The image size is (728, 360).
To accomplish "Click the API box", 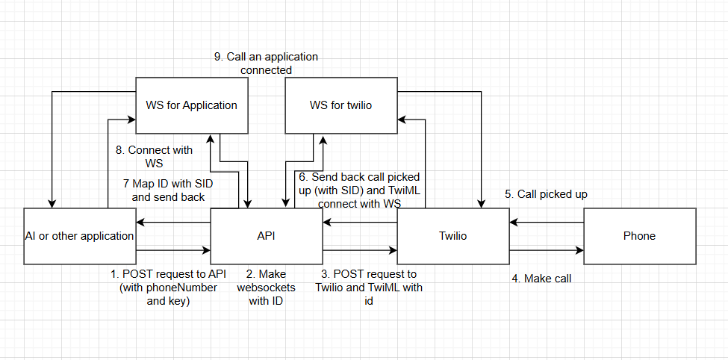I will pyautogui.click(x=266, y=236).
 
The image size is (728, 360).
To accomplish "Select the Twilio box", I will pyautogui.click(x=452, y=236).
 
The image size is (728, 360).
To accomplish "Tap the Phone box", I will pyautogui.click(x=639, y=236).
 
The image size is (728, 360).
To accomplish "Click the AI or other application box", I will pyautogui.click(x=79, y=236).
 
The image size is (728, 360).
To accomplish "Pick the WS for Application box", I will pyautogui.click(x=191, y=105).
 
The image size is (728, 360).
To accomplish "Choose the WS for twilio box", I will pyautogui.click(x=340, y=105).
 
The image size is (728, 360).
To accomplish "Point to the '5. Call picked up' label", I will pyautogui.click(x=546, y=194).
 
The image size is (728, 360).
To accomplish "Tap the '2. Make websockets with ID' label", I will pyautogui.click(x=266, y=288).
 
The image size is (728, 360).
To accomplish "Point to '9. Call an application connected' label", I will pyautogui.click(x=266, y=63).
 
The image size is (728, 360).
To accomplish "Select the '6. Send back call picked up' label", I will pyautogui.click(x=359, y=190).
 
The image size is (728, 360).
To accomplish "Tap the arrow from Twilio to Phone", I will pyautogui.click(x=546, y=250).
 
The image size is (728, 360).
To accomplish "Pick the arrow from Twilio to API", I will pyautogui.click(x=359, y=222).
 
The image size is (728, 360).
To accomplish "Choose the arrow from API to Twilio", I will pyautogui.click(x=359, y=250).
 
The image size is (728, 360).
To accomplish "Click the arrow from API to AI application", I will pyautogui.click(x=172, y=222).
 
